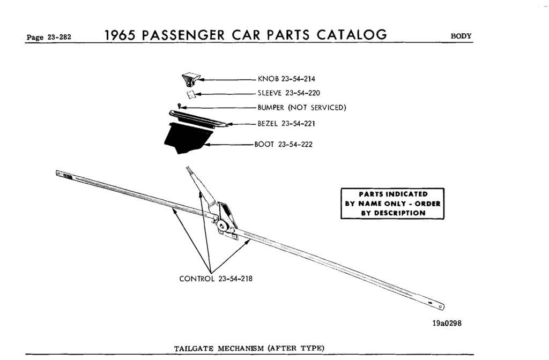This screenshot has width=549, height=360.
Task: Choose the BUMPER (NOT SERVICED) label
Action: click(302, 107)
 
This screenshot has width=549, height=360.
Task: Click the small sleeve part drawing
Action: click(189, 94)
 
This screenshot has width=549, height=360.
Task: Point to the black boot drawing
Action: click(182, 138)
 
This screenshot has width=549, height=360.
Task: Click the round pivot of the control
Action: click(222, 226)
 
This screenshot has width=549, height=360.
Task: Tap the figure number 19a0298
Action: click(444, 324)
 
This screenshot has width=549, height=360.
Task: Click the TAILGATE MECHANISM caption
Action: click(249, 348)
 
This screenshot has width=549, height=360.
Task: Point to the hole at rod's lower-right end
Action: click(440, 307)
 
